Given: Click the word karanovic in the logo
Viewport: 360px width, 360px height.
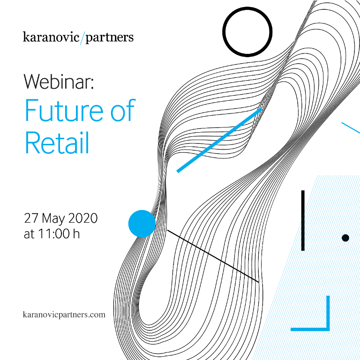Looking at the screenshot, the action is [51, 37].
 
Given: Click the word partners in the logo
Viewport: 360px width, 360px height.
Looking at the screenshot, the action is [110, 38].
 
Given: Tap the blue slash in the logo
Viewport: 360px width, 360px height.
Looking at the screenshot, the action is [82, 38].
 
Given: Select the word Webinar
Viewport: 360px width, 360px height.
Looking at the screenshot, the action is [59, 82].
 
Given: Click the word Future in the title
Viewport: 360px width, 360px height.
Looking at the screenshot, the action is [64, 110].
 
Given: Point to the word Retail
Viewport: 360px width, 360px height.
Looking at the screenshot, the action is [57, 143].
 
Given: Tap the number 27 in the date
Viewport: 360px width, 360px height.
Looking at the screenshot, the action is [31, 218].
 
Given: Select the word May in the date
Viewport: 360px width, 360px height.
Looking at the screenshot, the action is [53, 219].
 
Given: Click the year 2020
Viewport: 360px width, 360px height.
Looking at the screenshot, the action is [83, 218].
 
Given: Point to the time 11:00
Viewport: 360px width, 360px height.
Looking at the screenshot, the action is [54, 234].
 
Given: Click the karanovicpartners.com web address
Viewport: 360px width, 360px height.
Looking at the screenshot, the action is [64, 315].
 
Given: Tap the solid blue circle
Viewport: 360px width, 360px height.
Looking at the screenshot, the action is [142, 224].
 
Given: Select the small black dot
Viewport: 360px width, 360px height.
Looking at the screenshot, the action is [345, 238].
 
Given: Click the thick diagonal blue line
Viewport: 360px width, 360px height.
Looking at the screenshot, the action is [219, 140].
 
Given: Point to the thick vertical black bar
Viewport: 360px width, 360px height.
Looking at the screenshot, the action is [303, 220].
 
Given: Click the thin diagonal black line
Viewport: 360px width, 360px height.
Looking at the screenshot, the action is [213, 256].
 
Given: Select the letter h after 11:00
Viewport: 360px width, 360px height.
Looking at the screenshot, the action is [76, 233].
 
